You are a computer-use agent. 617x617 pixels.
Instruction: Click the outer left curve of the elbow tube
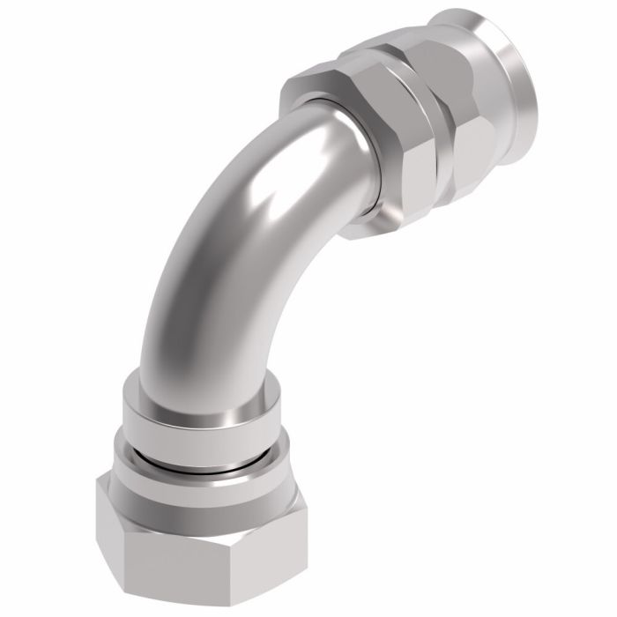[x=176, y=247]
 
